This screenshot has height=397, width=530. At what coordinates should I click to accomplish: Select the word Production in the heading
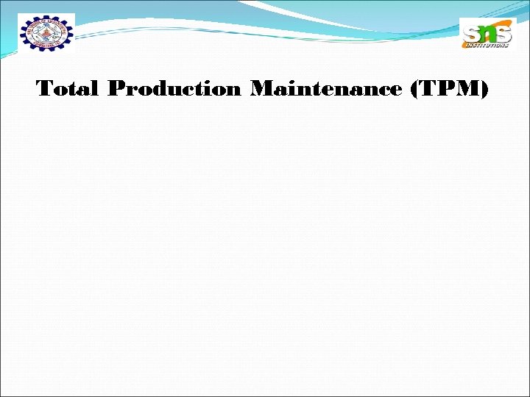(x=174, y=90)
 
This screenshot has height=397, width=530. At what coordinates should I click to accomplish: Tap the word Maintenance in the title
(x=325, y=90)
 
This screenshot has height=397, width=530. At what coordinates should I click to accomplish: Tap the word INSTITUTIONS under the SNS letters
(x=487, y=46)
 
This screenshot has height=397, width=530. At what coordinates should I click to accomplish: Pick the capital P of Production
(x=116, y=90)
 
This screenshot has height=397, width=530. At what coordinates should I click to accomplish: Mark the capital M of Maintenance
(x=263, y=90)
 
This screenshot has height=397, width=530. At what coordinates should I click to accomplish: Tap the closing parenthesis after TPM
(x=484, y=90)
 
